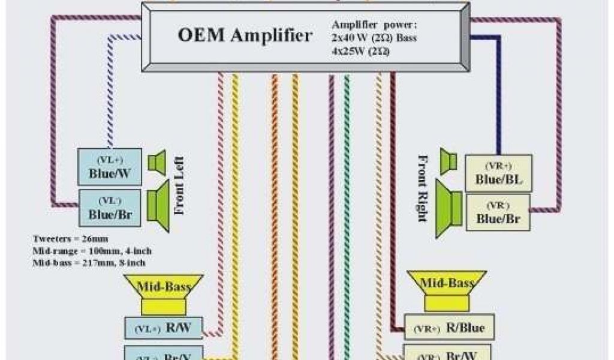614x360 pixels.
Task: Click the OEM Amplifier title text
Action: point(245,35)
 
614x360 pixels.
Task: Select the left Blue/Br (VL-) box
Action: point(110,207)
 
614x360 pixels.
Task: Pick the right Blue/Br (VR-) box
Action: point(498,212)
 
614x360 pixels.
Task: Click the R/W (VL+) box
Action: point(163,328)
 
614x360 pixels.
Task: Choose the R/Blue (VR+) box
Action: point(449,328)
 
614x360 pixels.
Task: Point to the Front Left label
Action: point(179,186)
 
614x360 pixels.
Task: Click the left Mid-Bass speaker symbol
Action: point(164,293)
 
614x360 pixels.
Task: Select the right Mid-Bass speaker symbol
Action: point(447,290)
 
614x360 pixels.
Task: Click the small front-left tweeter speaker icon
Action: point(158,162)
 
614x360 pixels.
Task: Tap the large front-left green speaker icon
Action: point(158,199)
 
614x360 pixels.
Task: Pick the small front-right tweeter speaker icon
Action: point(449,161)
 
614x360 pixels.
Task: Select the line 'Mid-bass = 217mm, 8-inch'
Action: point(89,262)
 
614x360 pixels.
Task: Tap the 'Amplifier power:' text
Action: point(374,26)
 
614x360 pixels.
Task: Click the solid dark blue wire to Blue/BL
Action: point(497,96)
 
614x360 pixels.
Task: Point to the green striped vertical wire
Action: point(347,210)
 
